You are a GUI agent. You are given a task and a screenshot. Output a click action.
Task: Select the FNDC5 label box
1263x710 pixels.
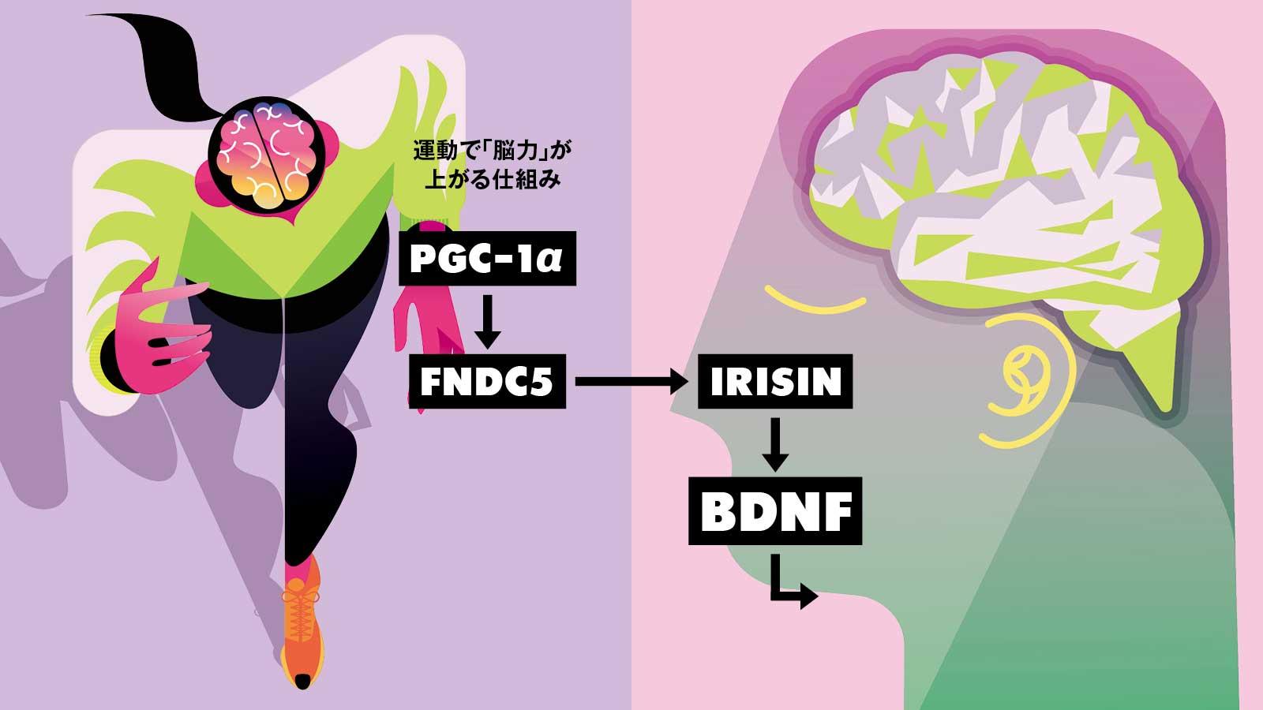pyautogui.click(x=487, y=382)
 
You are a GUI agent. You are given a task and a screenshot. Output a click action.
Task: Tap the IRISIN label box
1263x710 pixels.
pyautogui.click(x=775, y=382)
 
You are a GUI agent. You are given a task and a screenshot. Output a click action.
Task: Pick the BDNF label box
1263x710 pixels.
pyautogui.click(x=775, y=511)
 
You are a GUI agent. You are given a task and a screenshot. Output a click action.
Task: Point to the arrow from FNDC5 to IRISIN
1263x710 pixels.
pyautogui.click(x=631, y=383)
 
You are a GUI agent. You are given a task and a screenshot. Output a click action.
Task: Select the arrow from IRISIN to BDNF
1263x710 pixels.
pyautogui.click(x=775, y=444)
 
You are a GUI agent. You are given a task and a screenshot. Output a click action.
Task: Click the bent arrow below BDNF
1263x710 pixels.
pyautogui.click(x=793, y=580)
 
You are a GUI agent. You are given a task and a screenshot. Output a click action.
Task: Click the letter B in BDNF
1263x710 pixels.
pyautogui.click(x=718, y=511)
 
